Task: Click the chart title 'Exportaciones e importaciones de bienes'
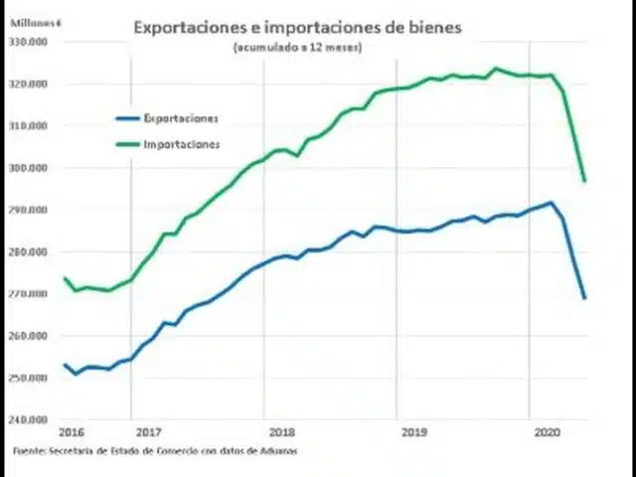click(297, 28)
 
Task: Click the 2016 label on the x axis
click(71, 433)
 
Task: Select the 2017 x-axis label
click(147, 433)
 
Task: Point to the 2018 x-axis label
click(281, 433)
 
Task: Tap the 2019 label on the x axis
click(414, 433)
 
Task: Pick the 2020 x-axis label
click(548, 433)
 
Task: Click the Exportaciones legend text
click(182, 118)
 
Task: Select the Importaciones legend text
click(182, 144)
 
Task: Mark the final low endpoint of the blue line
click(584, 297)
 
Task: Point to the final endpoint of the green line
click(584, 180)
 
